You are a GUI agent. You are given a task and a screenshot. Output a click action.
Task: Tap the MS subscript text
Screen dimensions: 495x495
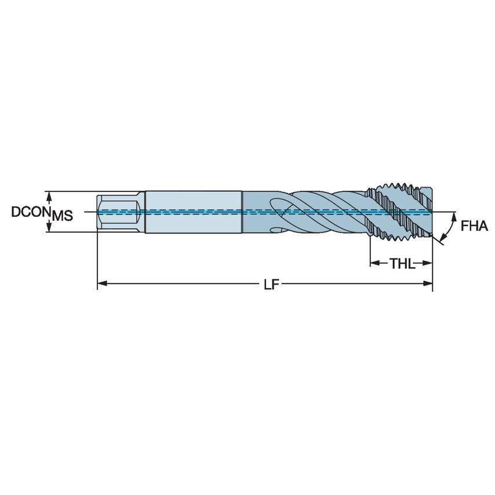tap(63, 216)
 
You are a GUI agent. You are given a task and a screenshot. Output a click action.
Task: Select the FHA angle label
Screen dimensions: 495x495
tap(474, 227)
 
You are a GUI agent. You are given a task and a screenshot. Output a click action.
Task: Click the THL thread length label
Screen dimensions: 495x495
tap(402, 264)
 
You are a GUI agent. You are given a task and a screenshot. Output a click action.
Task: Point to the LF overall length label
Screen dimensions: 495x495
tap(270, 283)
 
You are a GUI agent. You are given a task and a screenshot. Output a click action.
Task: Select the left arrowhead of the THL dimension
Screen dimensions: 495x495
tap(374, 264)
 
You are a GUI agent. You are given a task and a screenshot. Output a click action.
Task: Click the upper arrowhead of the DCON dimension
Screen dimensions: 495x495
tap(50, 195)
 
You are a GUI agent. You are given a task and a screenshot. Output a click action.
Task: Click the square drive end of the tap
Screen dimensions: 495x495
tap(119, 212)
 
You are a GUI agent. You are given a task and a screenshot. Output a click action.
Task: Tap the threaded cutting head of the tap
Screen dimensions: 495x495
tap(400, 212)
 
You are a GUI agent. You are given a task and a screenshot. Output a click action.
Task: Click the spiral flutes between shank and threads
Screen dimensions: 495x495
tap(313, 212)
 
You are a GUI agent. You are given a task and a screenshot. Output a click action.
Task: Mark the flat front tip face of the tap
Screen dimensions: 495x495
tap(431, 212)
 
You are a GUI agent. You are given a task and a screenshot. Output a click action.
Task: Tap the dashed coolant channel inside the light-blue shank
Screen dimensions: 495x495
tap(192, 212)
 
